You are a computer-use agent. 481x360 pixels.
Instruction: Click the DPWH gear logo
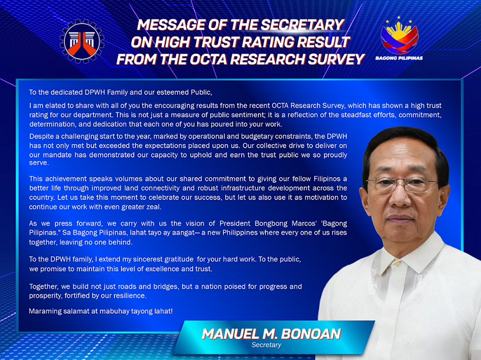tap(82, 41)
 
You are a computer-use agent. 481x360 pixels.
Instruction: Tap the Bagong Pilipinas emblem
tap(399, 36)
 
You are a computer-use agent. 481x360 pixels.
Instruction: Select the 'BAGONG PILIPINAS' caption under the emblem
tap(399, 58)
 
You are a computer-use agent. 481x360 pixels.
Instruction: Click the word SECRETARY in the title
tap(302, 25)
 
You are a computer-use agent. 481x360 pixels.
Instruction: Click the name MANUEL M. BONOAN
tap(271, 334)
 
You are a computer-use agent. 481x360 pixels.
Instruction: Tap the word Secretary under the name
tap(266, 345)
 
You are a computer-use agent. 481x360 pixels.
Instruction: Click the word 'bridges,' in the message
tap(164, 286)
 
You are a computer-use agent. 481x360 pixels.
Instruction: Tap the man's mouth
tap(400, 218)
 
